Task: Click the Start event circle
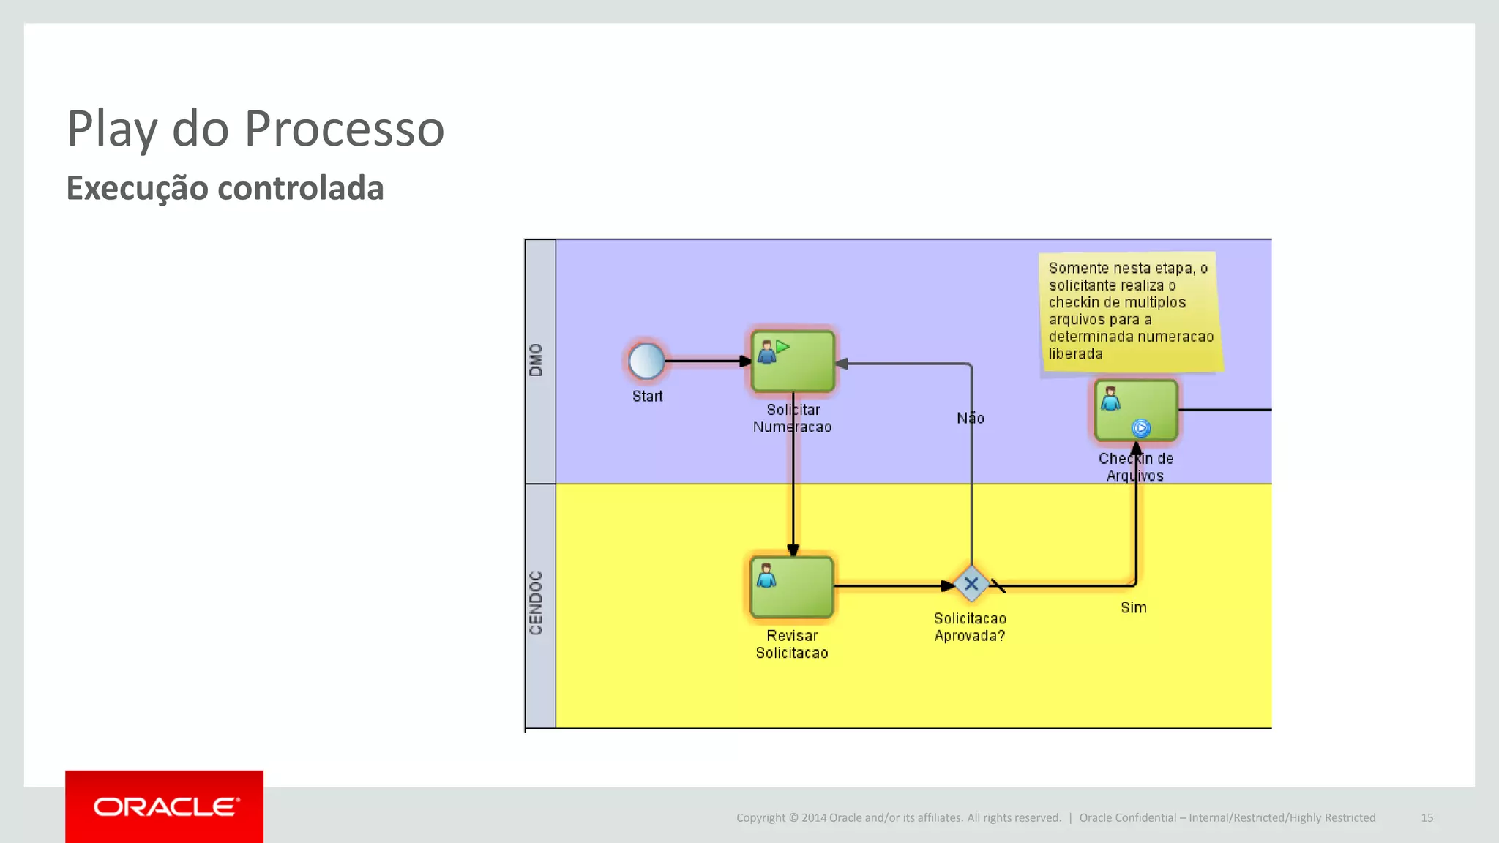point(646,361)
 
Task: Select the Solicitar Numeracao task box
point(793,361)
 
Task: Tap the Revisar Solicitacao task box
point(792,587)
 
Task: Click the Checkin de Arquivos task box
point(1136,410)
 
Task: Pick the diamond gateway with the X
point(971,585)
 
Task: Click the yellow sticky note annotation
point(1130,311)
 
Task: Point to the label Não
point(970,418)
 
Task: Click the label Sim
point(1133,607)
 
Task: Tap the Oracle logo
point(165,806)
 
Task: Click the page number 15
point(1427,817)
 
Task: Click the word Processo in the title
point(344,129)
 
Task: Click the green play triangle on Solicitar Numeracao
point(782,347)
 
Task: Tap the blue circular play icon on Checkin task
point(1140,428)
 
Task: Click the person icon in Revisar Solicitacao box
point(766,576)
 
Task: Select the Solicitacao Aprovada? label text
point(970,627)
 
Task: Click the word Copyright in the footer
point(760,817)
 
